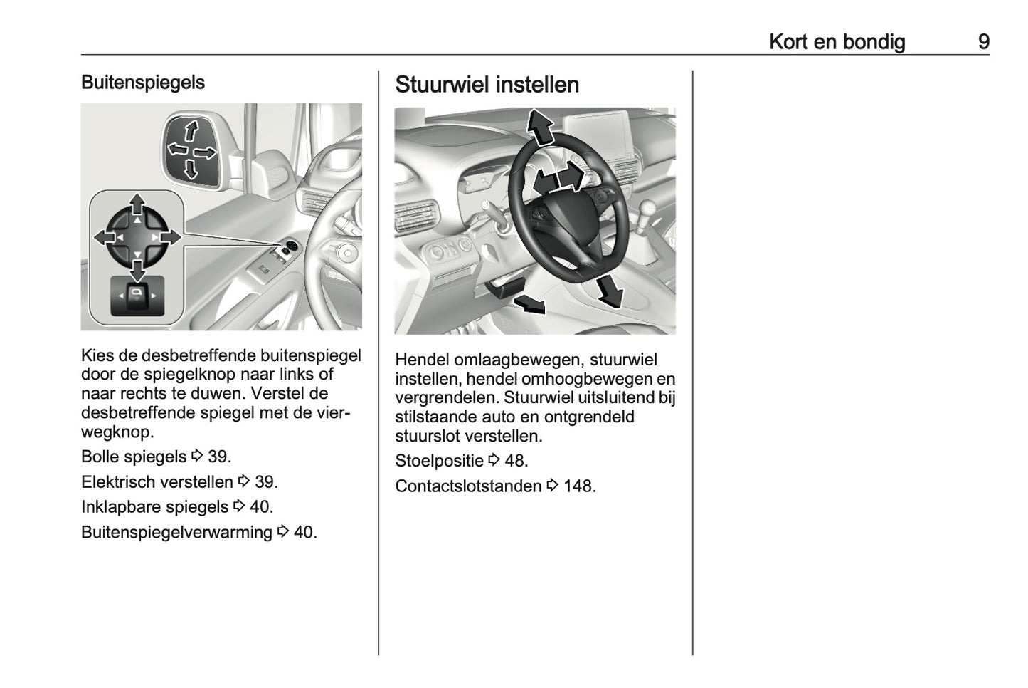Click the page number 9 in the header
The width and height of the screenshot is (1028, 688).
click(x=983, y=42)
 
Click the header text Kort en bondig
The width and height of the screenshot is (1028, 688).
click(x=837, y=42)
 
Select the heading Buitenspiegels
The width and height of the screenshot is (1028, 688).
click(x=143, y=83)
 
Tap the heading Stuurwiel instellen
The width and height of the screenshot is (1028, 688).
click(x=487, y=85)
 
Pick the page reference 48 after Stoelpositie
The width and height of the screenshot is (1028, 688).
click(x=516, y=461)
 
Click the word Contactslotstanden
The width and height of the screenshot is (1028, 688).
click(x=468, y=486)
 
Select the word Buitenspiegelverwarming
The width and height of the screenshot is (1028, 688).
click(x=176, y=532)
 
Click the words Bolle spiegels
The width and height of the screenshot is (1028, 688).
click(x=134, y=457)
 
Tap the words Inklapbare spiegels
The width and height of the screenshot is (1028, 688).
click(x=154, y=507)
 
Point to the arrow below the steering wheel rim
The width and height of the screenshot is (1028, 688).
click(x=609, y=291)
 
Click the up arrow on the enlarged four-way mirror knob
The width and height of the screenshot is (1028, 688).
click(x=137, y=205)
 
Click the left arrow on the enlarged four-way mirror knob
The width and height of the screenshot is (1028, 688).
click(x=105, y=237)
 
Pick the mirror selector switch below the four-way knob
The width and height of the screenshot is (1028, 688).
click(x=137, y=295)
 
